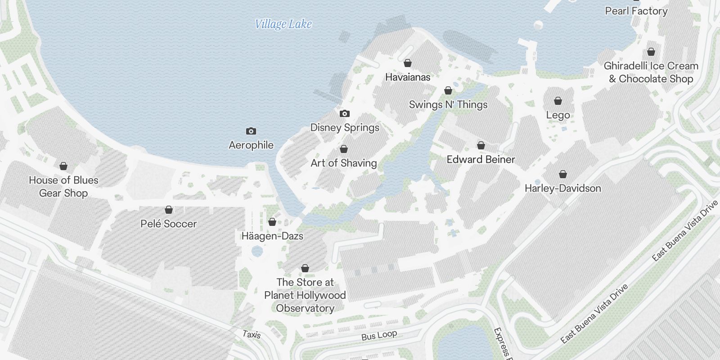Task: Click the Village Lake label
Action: [x=283, y=24]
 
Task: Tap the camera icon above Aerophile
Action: [x=251, y=131]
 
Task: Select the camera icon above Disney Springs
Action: [x=344, y=113]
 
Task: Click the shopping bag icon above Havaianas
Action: [x=408, y=63]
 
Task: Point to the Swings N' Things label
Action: [x=448, y=105]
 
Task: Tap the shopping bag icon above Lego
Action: [x=558, y=101]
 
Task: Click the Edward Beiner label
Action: [x=481, y=159]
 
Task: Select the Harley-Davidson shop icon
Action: [x=563, y=174]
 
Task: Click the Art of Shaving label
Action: [x=344, y=163]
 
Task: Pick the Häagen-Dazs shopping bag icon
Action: [x=272, y=222]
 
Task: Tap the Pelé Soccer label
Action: [x=169, y=224]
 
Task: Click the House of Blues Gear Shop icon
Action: [x=63, y=166]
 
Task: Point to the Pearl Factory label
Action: [x=636, y=11]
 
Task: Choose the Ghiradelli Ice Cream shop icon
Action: [x=651, y=52]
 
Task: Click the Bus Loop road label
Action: [x=379, y=335]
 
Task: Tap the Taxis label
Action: [x=251, y=334]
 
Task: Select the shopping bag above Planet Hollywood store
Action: [x=305, y=268]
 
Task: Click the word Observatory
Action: [x=305, y=308]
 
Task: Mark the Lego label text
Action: [x=558, y=115]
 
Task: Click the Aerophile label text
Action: [x=251, y=145]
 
